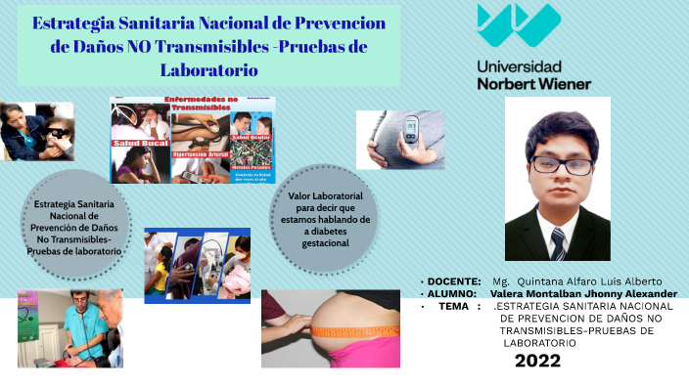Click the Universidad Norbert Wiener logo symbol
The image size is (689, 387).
pos(519,26)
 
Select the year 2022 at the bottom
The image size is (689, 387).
pos(537,361)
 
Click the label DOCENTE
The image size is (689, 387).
pos(454,281)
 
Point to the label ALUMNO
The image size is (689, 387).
pos(451,293)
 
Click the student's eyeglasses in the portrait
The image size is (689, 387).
pos(561,164)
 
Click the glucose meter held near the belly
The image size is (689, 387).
pos(411,126)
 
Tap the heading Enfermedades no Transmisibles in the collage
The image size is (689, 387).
pos(201,105)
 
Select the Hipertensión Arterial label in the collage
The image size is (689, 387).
pos(200,154)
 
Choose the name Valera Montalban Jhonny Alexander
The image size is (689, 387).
pos(583,293)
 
